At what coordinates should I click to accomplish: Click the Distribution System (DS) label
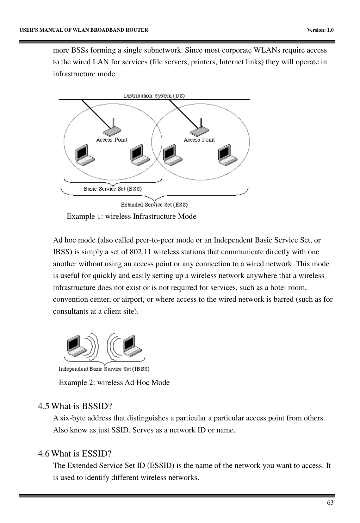[x=154, y=96]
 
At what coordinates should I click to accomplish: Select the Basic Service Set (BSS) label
[x=113, y=189]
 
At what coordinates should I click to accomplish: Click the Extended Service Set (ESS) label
[x=154, y=205]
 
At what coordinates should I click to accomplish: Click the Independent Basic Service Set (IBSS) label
[x=104, y=369]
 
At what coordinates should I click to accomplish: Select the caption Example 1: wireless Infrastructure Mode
[x=132, y=217]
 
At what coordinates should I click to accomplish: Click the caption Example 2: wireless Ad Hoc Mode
[x=114, y=382]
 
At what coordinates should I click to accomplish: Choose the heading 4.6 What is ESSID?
[x=74, y=454]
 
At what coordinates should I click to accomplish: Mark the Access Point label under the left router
[x=112, y=140]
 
